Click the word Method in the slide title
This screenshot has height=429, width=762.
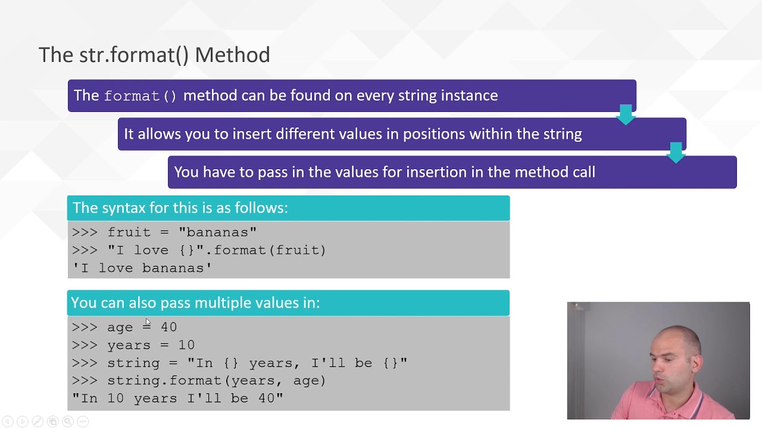[x=233, y=54]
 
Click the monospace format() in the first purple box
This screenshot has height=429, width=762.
[x=140, y=96]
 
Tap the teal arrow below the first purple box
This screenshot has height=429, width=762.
[x=626, y=115]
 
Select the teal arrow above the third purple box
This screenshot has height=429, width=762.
[x=676, y=153]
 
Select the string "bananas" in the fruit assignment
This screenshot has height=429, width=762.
[x=217, y=232]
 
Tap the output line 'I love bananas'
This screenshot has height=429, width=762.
[x=142, y=268]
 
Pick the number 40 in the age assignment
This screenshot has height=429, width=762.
[x=168, y=327]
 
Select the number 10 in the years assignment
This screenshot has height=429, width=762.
[x=186, y=345]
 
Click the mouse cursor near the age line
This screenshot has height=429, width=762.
[x=148, y=322]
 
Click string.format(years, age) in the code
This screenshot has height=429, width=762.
[x=216, y=381]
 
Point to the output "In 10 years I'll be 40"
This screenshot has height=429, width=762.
[x=177, y=399]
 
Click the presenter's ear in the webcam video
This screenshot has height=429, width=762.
[x=695, y=362]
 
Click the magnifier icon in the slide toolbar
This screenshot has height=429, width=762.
[x=68, y=421]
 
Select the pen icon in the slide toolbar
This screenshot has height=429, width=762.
[x=38, y=421]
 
